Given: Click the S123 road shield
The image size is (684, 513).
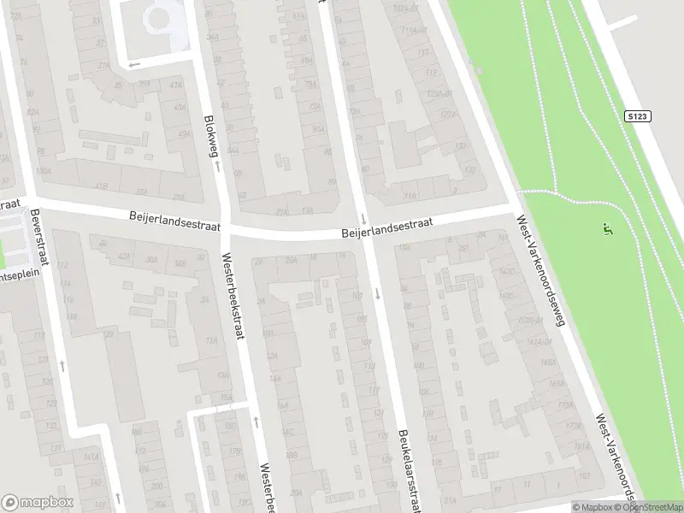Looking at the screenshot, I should click(635, 115).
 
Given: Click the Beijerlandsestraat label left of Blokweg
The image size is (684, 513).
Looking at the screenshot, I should click(175, 221).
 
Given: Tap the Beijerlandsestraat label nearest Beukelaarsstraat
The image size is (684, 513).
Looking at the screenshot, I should click(386, 227).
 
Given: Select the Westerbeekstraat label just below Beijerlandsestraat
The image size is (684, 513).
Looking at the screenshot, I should click(233, 294).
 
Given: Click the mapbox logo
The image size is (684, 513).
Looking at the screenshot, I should click(38, 502).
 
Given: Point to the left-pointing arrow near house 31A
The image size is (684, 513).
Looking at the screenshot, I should click(134, 63).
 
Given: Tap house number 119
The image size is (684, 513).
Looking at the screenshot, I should click(374, 391).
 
